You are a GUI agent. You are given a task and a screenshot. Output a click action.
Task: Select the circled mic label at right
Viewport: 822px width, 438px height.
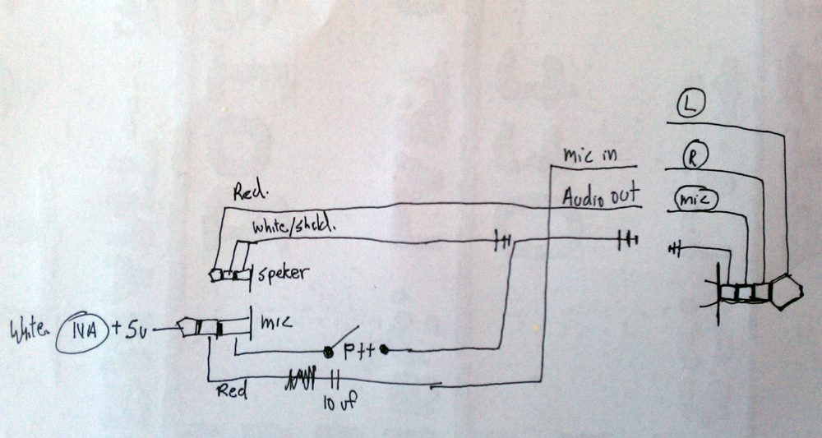pos(695,198)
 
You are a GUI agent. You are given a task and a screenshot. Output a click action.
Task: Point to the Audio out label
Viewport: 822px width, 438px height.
pos(600,196)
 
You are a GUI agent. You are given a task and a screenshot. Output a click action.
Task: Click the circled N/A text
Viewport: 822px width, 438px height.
pos(81,331)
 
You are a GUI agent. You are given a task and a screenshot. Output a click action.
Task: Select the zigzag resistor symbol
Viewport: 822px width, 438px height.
pos(301,380)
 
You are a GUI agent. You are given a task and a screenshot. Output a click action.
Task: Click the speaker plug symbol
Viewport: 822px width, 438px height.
pos(231,275)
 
